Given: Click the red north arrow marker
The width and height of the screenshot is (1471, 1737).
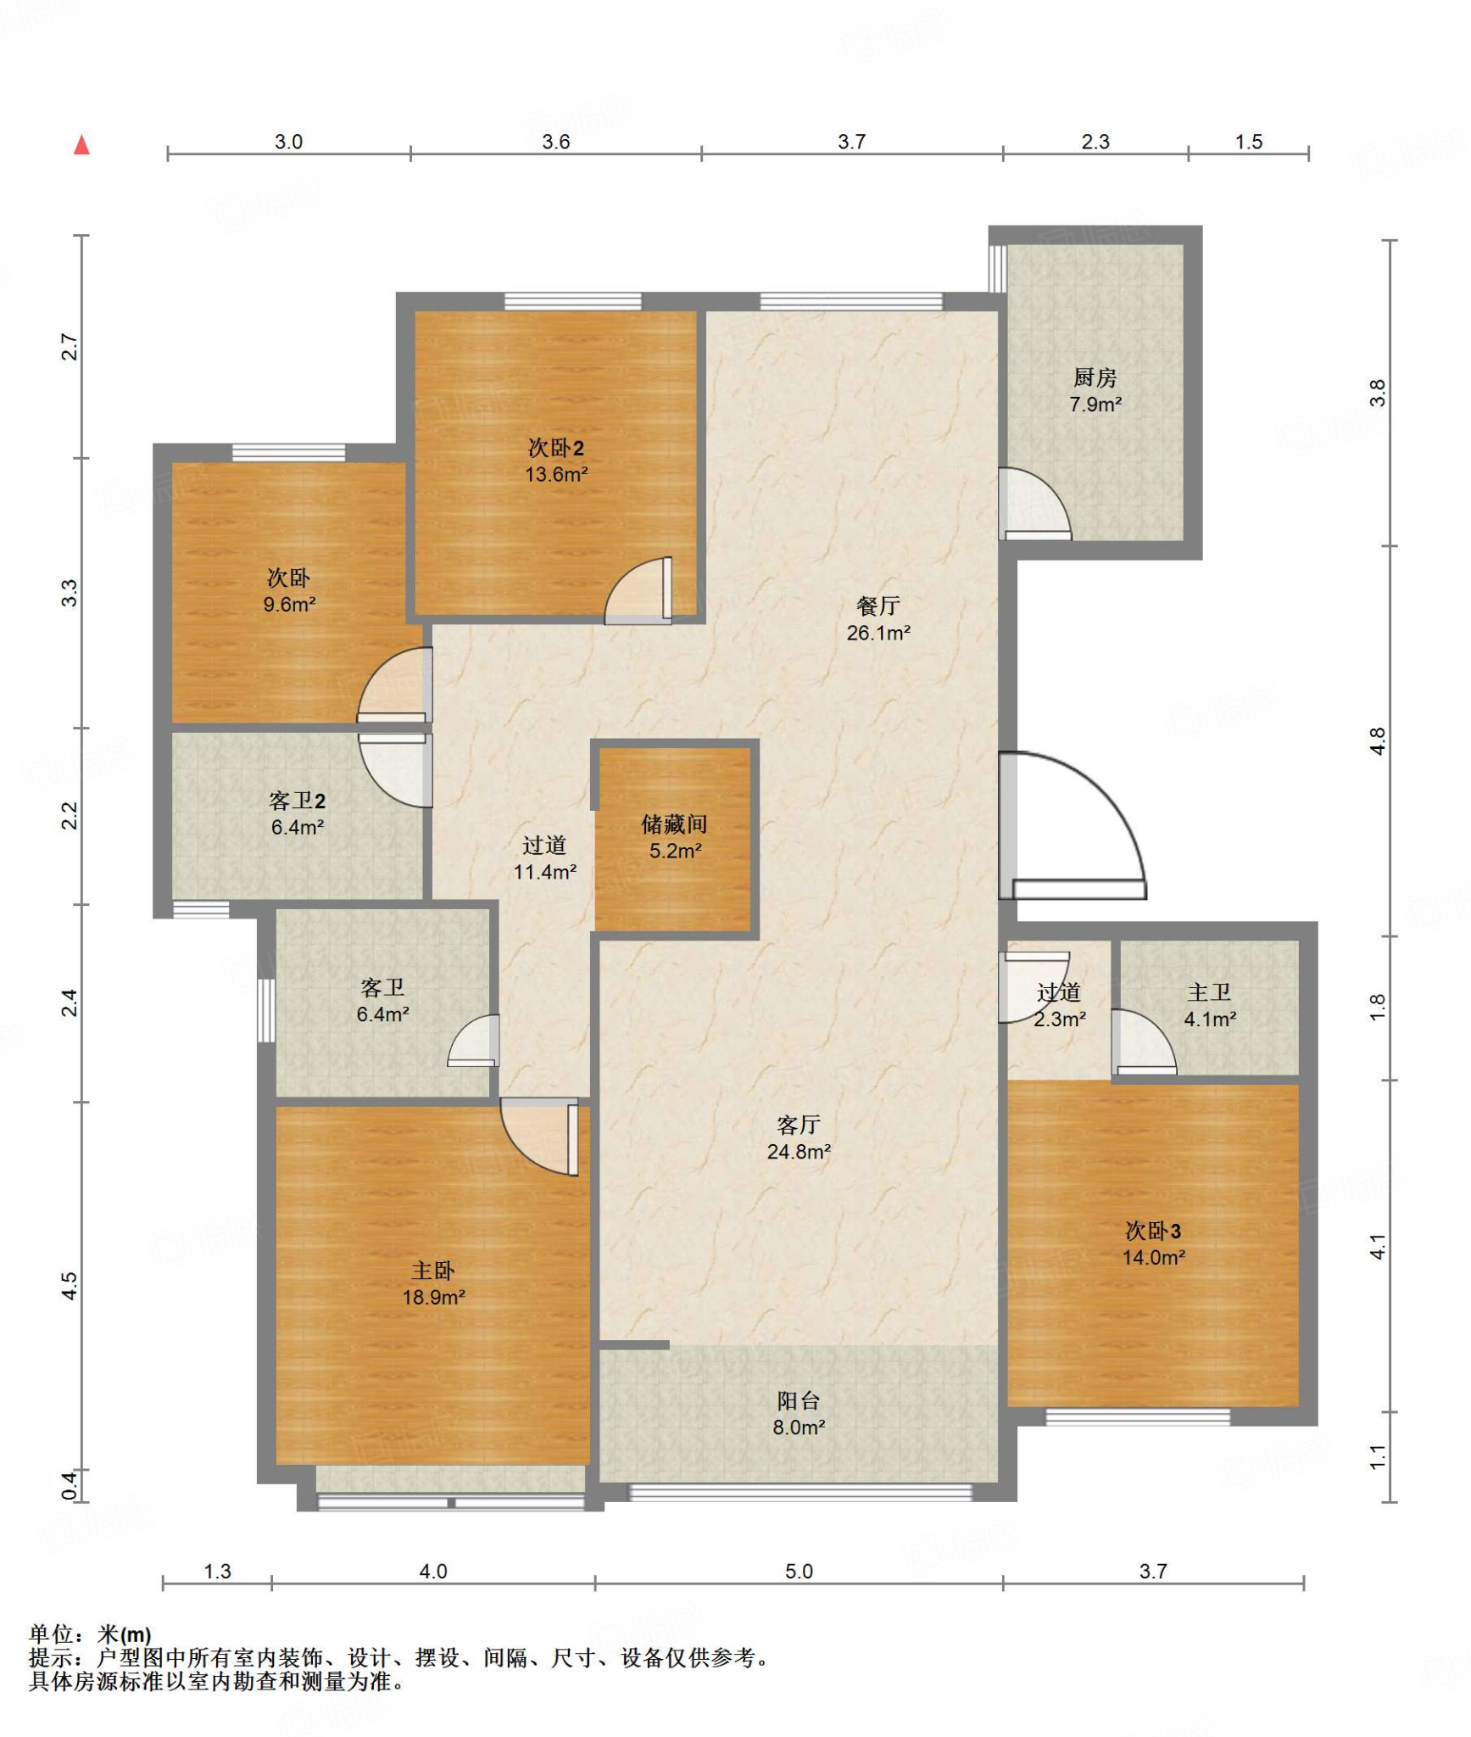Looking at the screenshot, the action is click(x=81, y=145).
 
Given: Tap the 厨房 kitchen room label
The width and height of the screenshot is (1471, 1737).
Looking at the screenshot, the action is click(x=1095, y=377).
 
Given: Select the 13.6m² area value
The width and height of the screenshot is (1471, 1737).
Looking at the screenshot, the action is click(x=556, y=474).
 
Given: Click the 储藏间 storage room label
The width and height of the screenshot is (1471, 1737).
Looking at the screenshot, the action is click(x=674, y=824).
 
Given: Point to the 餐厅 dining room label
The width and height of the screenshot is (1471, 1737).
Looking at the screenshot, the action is click(x=878, y=606).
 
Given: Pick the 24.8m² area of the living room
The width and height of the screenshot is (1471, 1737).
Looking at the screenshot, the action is click(x=799, y=1151).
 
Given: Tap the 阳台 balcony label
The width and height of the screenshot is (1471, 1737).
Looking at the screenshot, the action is click(x=799, y=1400).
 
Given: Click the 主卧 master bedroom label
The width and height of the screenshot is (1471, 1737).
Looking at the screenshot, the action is click(x=433, y=1270).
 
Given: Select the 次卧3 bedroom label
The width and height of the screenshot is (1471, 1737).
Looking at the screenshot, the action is click(x=1153, y=1230).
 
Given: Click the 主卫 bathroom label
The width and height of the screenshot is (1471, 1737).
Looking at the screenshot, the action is click(x=1209, y=991).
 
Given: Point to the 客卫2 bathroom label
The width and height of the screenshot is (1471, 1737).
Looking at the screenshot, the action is click(x=297, y=800).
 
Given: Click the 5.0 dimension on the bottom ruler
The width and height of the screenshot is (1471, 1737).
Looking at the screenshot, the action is click(x=799, y=1571).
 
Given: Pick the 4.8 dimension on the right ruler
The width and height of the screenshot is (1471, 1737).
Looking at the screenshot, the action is click(x=1378, y=741).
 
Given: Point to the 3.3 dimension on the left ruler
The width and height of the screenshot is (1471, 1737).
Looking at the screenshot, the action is click(x=70, y=593).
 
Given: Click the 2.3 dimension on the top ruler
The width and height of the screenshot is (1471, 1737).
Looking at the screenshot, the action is click(x=1095, y=142).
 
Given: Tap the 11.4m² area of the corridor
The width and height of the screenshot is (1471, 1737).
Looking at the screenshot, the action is click(x=545, y=871).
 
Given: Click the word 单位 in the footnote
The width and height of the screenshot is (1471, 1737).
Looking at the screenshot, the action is click(x=51, y=1634).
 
